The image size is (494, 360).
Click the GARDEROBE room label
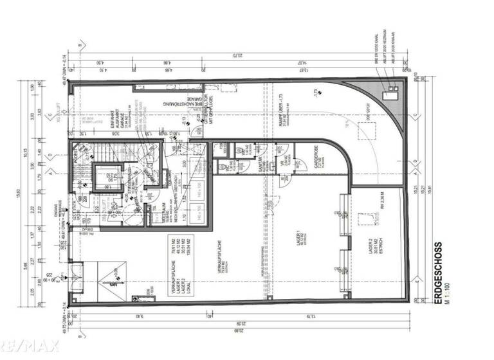pyautogui.click(x=315, y=170)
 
